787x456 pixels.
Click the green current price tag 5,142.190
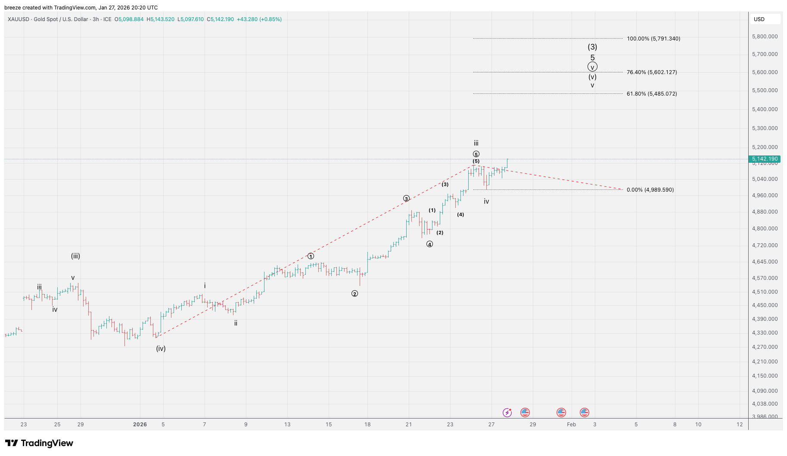[765, 159]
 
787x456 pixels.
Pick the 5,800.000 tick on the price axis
[765, 37]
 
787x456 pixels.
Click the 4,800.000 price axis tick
[765, 229]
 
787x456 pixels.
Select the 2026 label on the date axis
[140, 425]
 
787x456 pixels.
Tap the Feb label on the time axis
[571, 425]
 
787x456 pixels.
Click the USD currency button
[759, 19]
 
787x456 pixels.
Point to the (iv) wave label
[161, 349]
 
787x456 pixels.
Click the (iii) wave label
[75, 256]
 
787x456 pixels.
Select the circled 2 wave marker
[355, 294]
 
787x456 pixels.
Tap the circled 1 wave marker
[311, 256]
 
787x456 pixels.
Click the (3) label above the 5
[592, 47]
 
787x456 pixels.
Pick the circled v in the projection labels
[592, 67]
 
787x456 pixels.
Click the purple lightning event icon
[507, 413]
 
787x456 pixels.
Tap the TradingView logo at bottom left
[39, 443]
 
